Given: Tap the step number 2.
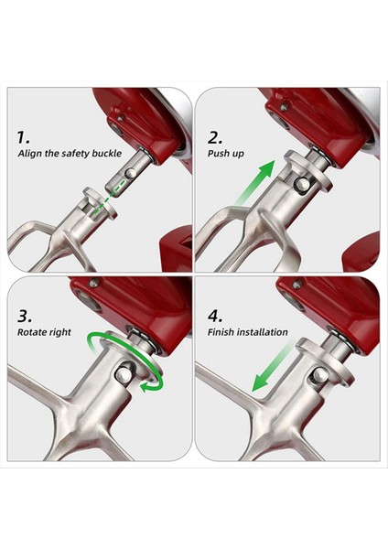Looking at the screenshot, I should (x=215, y=137).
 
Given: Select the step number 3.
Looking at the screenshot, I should (x=25, y=314).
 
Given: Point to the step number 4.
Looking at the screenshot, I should (x=216, y=314).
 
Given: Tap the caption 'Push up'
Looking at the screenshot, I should (x=225, y=153).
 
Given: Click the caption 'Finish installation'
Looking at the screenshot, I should (x=248, y=331).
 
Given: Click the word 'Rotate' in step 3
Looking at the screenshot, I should (x=33, y=331).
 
